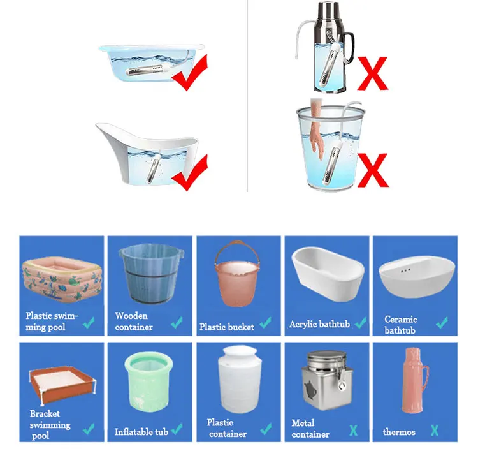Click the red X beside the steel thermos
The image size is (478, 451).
pos(372,73)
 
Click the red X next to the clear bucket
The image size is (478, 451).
pos(372,170)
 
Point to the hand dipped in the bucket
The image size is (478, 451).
pos(316,131)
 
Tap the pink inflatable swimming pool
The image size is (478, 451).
pos(62,280)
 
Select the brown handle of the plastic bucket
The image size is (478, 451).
pos(237,251)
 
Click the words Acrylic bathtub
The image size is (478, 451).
pos(319,324)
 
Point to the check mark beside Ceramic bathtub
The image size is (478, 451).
pos(442,323)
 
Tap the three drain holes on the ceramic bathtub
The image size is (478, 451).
pos(405,270)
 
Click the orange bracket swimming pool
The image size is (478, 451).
pos(62,385)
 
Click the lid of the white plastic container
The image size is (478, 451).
pos(240,353)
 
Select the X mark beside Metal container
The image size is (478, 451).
pos(353,431)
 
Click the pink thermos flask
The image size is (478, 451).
pos(415,381)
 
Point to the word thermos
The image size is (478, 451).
pos(399,432)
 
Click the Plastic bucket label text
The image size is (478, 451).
pos(227,327)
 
